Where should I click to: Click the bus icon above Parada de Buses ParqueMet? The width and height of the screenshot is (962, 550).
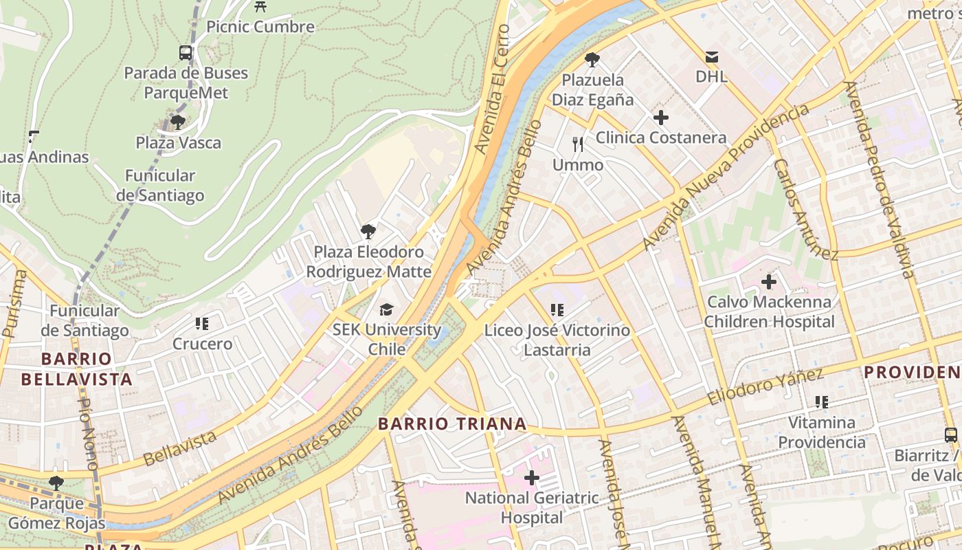[186, 52]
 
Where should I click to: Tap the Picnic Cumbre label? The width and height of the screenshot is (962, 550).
[260, 27]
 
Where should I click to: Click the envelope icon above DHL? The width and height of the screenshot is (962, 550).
[711, 56]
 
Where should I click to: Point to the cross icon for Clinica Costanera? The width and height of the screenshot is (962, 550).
[660, 118]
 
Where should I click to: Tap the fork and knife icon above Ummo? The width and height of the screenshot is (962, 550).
[578, 144]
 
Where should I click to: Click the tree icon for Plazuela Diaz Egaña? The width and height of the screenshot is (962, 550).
[592, 60]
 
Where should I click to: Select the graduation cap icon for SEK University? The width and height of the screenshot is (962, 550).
[387, 309]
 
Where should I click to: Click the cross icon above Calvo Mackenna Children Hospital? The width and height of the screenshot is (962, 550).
[769, 282]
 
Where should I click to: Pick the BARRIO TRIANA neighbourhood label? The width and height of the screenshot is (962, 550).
[452, 423]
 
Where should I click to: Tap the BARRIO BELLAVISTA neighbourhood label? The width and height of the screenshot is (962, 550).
[76, 369]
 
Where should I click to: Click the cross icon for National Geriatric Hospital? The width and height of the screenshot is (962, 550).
[531, 477]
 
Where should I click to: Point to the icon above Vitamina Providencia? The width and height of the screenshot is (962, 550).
[821, 402]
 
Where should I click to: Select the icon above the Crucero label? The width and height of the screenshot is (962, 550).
[201, 323]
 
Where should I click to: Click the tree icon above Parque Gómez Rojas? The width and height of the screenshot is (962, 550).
[56, 483]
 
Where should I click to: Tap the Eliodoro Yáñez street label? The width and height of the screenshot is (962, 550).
[765, 386]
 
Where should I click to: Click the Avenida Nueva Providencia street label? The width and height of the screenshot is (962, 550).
[726, 177]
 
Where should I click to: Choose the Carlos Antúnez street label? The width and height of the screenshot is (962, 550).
[805, 210]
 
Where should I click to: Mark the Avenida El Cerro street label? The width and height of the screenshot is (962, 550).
[493, 89]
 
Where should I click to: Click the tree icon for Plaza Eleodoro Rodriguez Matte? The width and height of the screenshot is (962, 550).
[368, 232]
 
